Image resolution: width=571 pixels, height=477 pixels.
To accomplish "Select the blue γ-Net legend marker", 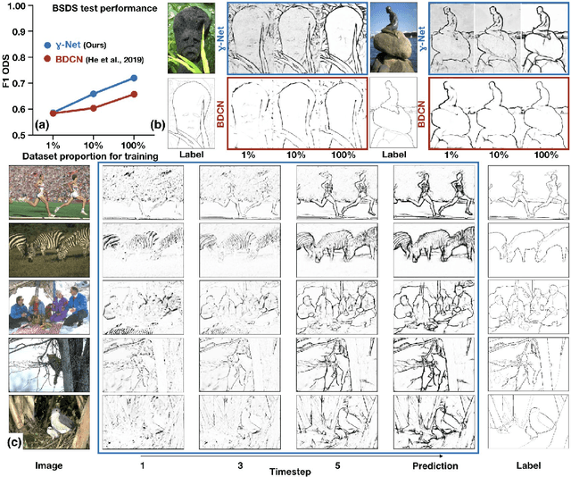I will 50,43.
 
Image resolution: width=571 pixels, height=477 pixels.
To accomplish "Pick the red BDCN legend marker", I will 50,60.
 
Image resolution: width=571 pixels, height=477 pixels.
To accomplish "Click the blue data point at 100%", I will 135,79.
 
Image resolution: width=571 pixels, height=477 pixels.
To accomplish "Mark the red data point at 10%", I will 93,108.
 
